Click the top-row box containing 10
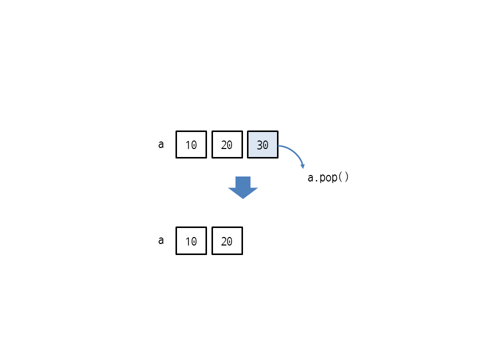(x=191, y=144)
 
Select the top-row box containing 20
(x=227, y=144)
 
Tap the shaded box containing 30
(x=262, y=144)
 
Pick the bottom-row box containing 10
(x=191, y=240)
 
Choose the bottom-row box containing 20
(x=227, y=240)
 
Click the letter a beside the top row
(x=161, y=144)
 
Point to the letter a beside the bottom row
(x=161, y=240)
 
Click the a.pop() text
(x=328, y=177)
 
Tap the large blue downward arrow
(x=243, y=187)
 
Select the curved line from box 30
(x=294, y=152)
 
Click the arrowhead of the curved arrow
(x=303, y=166)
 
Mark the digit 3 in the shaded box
(x=259, y=145)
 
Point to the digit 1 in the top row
(x=188, y=145)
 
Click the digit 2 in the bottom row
(x=224, y=241)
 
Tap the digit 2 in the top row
(x=224, y=145)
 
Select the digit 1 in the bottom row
(x=188, y=241)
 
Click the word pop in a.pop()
(x=328, y=178)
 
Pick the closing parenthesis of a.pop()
(x=346, y=177)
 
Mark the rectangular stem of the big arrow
(x=243, y=182)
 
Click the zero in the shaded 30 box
(x=265, y=145)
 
